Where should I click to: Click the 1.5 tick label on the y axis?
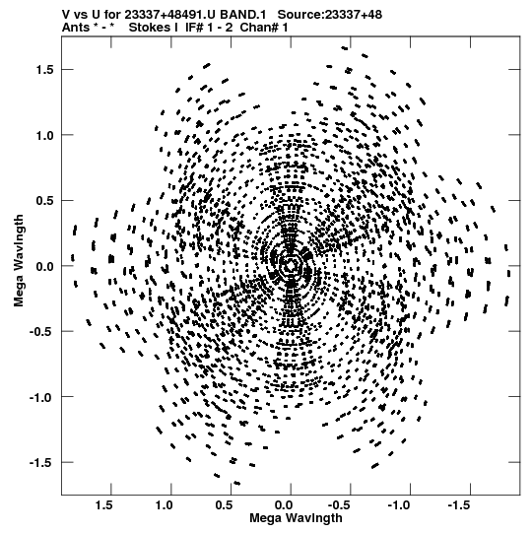tap(44, 70)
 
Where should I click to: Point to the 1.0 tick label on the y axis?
tap(44, 135)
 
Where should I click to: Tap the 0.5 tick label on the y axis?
tap(44, 201)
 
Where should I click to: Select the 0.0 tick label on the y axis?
tap(44, 266)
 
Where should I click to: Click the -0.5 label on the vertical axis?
tap(41, 332)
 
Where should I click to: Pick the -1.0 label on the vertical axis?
tap(41, 397)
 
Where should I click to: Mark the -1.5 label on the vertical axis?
tap(41, 463)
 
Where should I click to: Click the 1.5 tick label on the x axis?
tap(104, 505)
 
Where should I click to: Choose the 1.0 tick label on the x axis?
tap(165, 505)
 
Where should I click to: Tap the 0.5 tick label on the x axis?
tap(224, 505)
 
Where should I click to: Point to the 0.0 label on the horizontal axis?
tap(284, 505)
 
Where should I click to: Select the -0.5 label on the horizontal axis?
tap(341, 505)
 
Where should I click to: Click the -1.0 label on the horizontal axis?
tap(400, 505)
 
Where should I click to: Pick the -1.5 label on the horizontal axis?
tap(461, 505)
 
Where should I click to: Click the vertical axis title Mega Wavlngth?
tap(19, 261)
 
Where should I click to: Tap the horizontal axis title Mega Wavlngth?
tap(296, 518)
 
